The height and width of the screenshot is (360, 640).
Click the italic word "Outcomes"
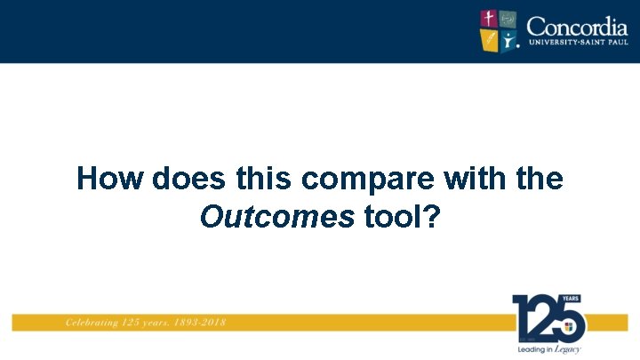tap(277, 216)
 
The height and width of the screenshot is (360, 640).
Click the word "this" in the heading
tap(264, 179)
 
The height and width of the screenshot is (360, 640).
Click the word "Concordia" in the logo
tap(576, 25)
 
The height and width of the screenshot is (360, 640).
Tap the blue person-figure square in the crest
tap(508, 41)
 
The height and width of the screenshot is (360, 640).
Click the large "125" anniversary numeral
tap(544, 318)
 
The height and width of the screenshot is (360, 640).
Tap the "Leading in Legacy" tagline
tap(548, 350)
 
